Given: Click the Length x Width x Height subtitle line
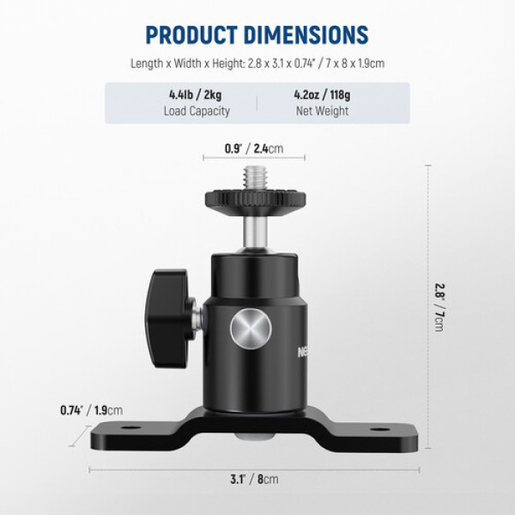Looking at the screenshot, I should (x=257, y=63).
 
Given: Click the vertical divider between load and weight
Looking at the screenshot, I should (x=257, y=103).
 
